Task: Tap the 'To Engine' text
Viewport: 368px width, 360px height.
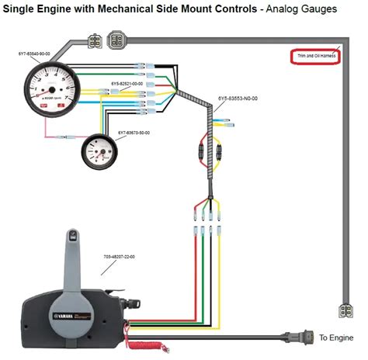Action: point(335,337)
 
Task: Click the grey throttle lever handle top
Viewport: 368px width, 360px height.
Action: point(74,233)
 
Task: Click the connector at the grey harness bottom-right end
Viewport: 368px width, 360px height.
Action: point(345,311)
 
